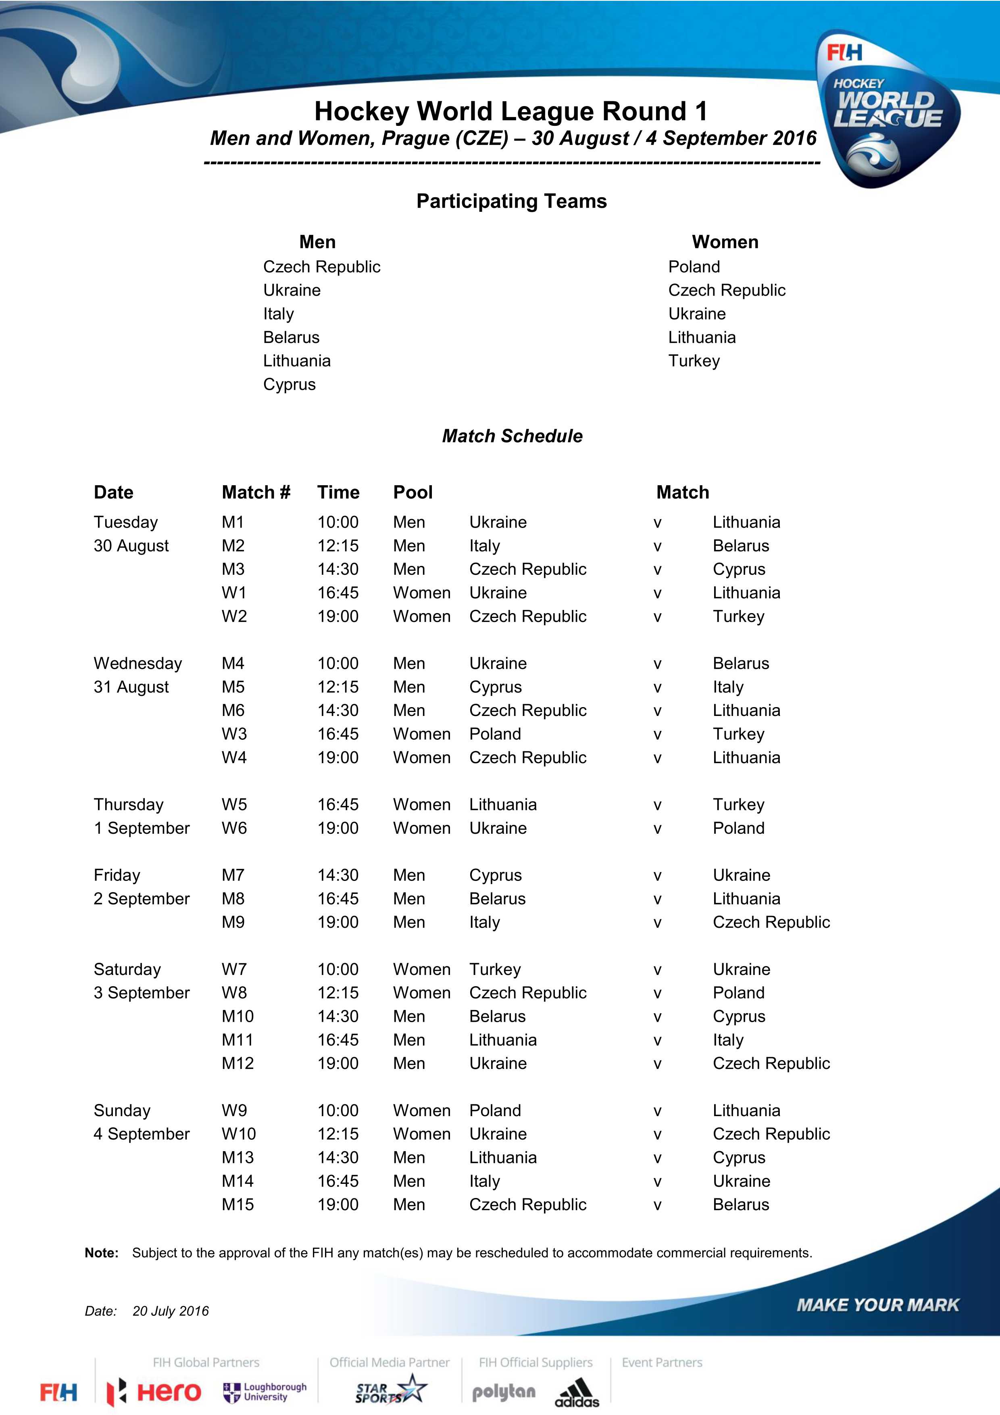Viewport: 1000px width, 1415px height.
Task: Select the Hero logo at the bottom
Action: pyautogui.click(x=154, y=1392)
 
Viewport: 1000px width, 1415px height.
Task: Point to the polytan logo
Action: pyautogui.click(x=503, y=1392)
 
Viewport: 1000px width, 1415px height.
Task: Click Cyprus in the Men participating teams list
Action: pyautogui.click(x=289, y=384)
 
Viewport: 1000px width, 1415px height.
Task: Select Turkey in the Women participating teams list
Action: pyautogui.click(x=694, y=361)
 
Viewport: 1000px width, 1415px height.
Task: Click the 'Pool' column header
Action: pyautogui.click(x=413, y=493)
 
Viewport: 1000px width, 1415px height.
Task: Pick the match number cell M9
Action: pyautogui.click(x=233, y=922)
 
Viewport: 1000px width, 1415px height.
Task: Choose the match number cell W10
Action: pyautogui.click(x=238, y=1134)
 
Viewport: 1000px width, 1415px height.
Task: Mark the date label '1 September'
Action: pyautogui.click(x=142, y=828)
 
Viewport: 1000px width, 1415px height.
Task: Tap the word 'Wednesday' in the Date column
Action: pyautogui.click(x=137, y=664)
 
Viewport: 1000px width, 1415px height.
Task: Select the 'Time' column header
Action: pyautogui.click(x=338, y=493)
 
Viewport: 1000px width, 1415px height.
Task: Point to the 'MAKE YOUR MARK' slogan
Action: pyautogui.click(x=878, y=1305)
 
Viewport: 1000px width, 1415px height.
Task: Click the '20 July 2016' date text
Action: pyautogui.click(x=171, y=1311)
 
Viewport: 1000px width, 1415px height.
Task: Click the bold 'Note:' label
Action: pyautogui.click(x=102, y=1253)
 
